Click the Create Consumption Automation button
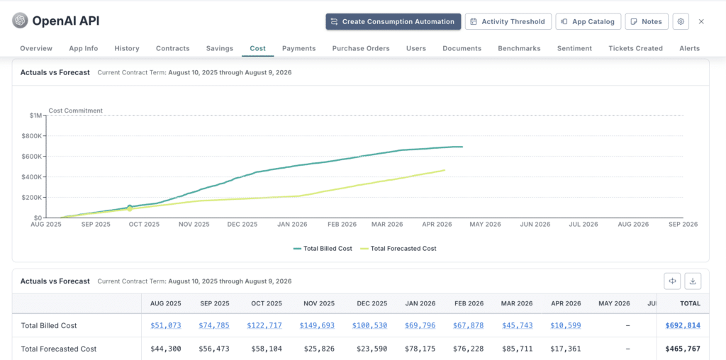point(393,22)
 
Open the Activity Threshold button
point(507,22)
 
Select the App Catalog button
point(588,22)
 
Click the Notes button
point(646,22)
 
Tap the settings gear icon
point(681,22)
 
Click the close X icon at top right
point(701,22)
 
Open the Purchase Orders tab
point(361,48)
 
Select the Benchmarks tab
point(519,48)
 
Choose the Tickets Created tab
point(635,48)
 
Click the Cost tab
point(258,48)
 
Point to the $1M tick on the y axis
point(35,116)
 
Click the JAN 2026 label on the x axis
point(292,224)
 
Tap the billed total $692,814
point(683,325)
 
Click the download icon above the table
point(693,281)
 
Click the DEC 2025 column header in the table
point(372,303)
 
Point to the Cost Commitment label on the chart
point(75,111)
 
